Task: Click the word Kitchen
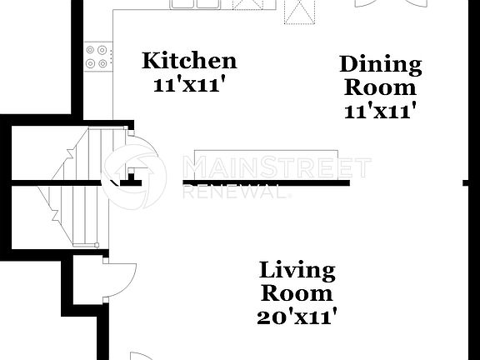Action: pos(189,61)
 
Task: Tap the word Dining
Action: pos(380,65)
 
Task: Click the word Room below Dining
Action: pos(380,87)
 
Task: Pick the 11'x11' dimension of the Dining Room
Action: pos(380,110)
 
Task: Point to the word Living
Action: pos(297,271)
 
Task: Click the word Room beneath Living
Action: pos(297,293)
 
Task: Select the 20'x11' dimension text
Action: pos(297,317)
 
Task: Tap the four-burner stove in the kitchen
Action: pos(97,55)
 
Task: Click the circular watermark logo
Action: pos(134,176)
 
